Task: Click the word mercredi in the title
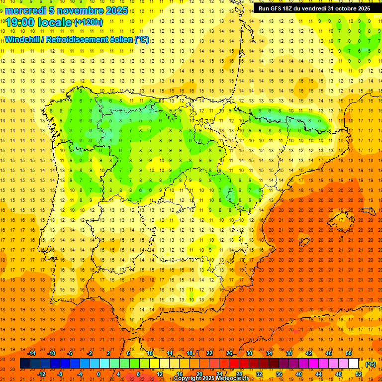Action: click(x=26, y=10)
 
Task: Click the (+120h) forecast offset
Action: click(x=89, y=22)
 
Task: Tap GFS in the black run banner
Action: click(x=277, y=8)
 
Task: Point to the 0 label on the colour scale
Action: click(x=98, y=374)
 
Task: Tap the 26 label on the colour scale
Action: click(x=229, y=353)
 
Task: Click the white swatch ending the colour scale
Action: click(x=353, y=364)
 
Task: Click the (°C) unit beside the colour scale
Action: click(x=370, y=364)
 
